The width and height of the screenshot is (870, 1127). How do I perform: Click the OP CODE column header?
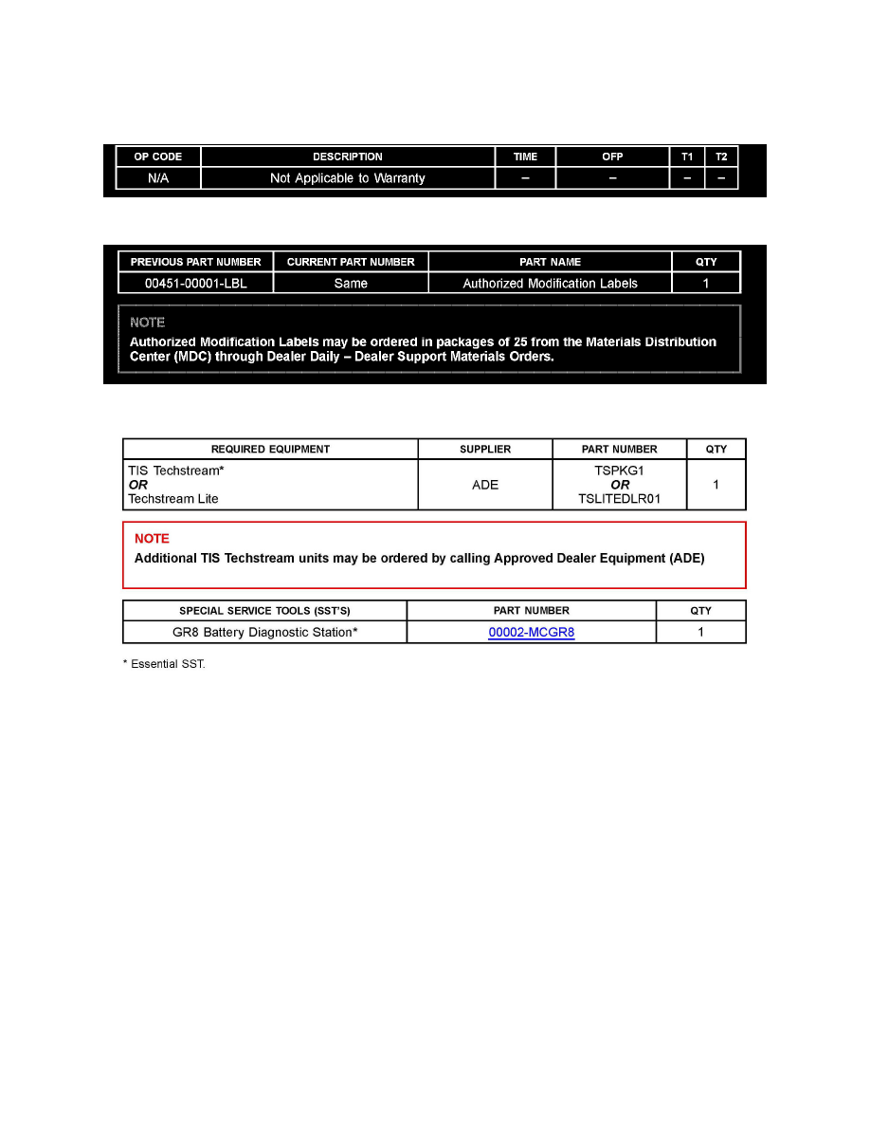158,157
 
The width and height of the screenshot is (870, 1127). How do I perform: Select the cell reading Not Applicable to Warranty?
348,178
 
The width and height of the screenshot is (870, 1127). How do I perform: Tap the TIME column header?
525,157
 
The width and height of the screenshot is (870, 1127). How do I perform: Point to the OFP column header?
612,157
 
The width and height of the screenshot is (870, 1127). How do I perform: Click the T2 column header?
721,157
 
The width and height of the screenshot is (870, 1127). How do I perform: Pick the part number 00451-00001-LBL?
196,283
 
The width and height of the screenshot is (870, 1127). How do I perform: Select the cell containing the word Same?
351,283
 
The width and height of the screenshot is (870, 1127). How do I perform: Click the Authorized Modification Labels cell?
550,283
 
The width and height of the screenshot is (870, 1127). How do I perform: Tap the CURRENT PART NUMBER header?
351,262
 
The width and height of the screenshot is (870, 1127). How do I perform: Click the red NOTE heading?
152,539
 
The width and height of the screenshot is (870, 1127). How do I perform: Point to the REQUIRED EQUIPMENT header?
270,450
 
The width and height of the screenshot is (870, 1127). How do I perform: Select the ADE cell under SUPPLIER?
485,485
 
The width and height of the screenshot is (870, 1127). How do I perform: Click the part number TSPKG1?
620,471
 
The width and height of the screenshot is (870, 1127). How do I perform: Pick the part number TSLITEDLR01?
620,499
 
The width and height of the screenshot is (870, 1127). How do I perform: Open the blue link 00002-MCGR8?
531,632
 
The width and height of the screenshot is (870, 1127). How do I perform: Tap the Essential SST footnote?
164,664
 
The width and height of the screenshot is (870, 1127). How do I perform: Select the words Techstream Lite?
173,499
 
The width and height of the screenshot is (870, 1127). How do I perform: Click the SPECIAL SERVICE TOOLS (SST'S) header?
265,611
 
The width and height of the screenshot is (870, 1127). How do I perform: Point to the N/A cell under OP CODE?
158,178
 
